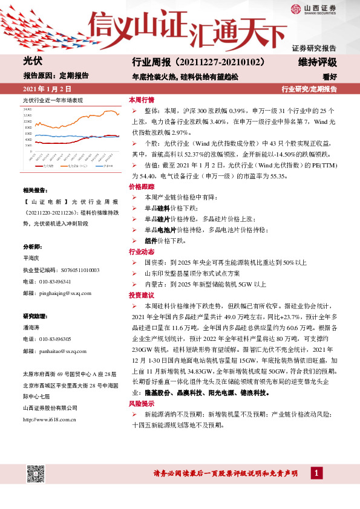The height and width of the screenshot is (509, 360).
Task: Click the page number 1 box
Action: pos(316,473)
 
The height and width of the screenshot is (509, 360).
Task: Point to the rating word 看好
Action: pos(329,77)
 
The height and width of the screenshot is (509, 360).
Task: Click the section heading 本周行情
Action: pos(142,100)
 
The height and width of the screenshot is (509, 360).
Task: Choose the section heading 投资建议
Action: pos(142,295)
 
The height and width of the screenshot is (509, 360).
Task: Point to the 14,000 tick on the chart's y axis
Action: pos(28,109)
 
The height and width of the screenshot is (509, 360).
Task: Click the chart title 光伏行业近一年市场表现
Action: pos(53,99)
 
